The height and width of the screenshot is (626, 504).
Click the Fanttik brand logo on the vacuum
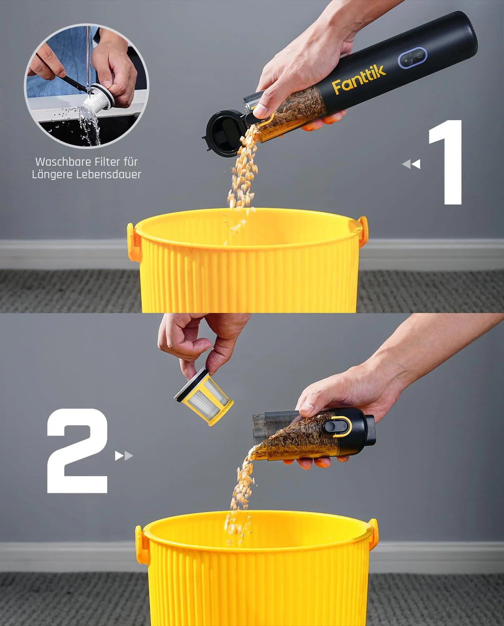tap(359, 79)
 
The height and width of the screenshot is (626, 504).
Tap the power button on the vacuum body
tap(419, 56)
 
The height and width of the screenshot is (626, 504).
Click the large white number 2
tap(78, 451)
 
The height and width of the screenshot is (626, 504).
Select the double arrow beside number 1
tap(411, 164)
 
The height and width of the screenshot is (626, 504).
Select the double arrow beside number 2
tap(124, 455)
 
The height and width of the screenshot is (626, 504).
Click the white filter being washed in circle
tap(97, 99)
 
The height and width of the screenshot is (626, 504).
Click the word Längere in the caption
tap(52, 174)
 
